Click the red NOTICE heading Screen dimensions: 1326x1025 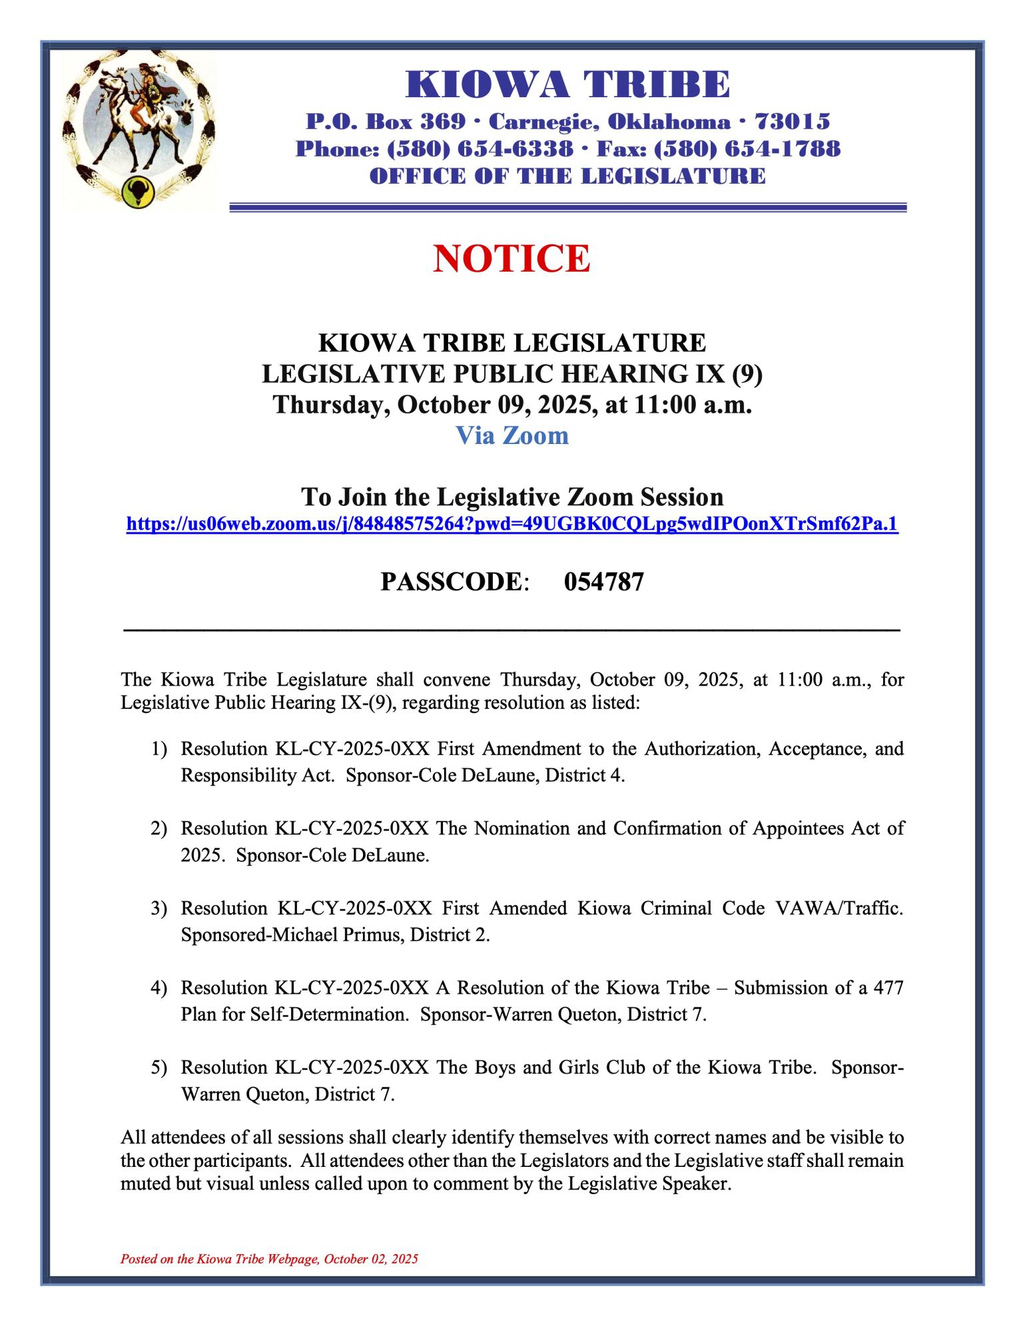click(x=512, y=259)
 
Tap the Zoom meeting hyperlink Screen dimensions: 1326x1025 click(x=512, y=525)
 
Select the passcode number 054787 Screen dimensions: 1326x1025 click(x=603, y=582)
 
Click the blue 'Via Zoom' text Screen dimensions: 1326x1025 click(x=512, y=435)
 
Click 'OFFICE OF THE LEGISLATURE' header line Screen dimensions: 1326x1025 click(x=567, y=176)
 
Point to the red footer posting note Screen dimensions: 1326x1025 click(x=269, y=1259)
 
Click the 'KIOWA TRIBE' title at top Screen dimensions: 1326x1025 click(x=567, y=85)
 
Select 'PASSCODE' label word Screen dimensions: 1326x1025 click(x=452, y=582)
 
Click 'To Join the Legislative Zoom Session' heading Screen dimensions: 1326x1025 click(x=512, y=497)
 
